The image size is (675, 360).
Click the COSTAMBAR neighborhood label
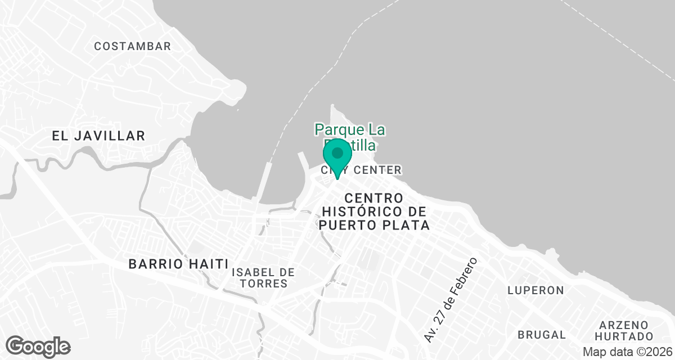pyautogui.click(x=132, y=47)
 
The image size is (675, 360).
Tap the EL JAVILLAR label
pyautogui.click(x=98, y=136)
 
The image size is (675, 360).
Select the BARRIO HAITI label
pyautogui.click(x=178, y=264)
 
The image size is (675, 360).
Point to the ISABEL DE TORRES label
pyautogui.click(x=263, y=278)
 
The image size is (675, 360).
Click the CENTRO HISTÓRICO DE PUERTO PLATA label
pyautogui.click(x=374, y=212)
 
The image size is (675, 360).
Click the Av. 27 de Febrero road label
pyautogui.click(x=451, y=300)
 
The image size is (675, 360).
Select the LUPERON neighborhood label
pyautogui.click(x=535, y=290)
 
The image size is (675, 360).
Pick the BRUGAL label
pyautogui.click(x=542, y=335)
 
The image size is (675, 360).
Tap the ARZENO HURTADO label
pyautogui.click(x=626, y=331)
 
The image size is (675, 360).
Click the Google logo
pyautogui.click(x=38, y=346)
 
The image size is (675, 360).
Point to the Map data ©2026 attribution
pyautogui.click(x=627, y=352)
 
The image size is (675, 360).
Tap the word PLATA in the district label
pyautogui.click(x=410, y=226)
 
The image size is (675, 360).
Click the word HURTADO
pyautogui.click(x=626, y=336)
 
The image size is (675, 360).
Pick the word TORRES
pyautogui.click(x=263, y=283)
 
